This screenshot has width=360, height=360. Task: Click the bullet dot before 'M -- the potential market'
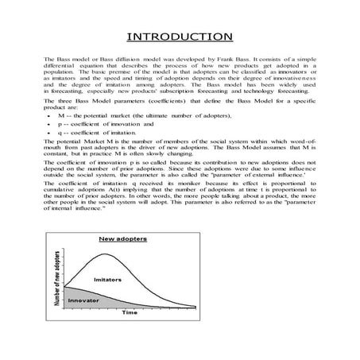(49, 117)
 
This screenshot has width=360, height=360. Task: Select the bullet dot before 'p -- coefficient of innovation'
(49, 125)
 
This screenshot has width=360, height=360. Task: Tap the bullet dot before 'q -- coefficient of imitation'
(49, 133)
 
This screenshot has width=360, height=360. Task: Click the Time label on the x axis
(129, 312)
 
